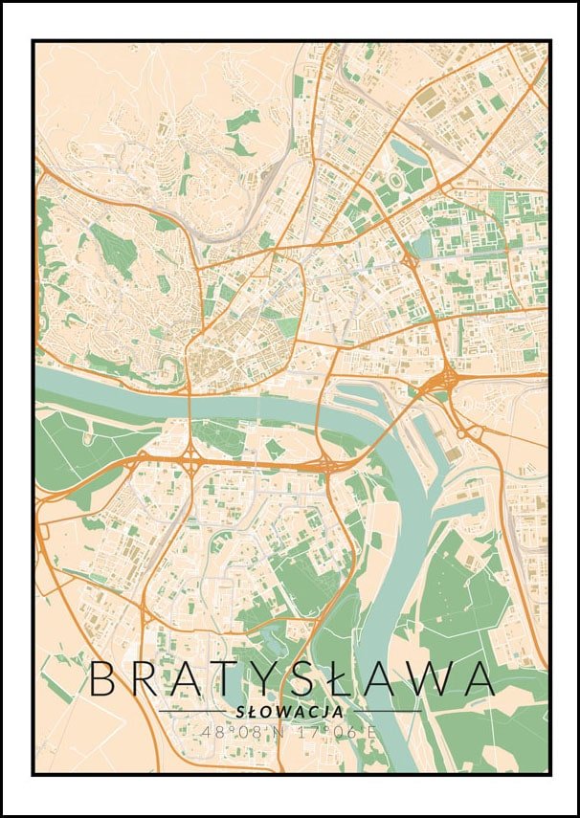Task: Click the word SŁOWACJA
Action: point(289,712)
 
